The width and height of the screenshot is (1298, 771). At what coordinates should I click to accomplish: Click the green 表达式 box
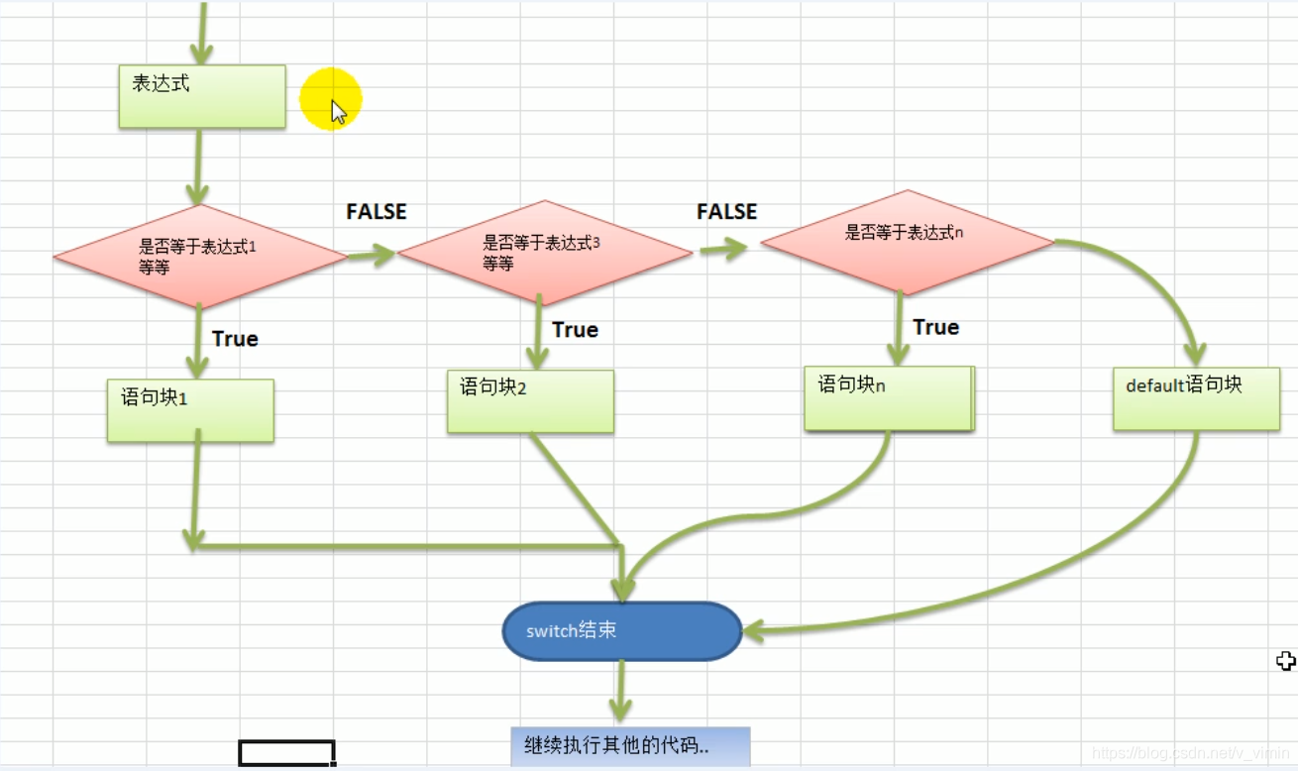point(202,96)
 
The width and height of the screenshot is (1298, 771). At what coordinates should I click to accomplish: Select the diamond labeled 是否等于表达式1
point(200,257)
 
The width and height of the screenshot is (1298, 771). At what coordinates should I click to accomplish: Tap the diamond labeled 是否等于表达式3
point(544,253)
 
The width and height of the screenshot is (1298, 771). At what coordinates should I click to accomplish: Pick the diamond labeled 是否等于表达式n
point(906,242)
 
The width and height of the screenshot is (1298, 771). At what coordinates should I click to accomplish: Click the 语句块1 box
point(190,410)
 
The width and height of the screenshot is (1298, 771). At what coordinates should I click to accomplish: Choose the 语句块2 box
point(530,401)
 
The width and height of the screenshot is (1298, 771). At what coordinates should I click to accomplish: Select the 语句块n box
point(889,398)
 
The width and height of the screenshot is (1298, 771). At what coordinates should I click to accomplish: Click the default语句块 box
point(1196,398)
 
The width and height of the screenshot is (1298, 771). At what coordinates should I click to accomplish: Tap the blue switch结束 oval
point(621,631)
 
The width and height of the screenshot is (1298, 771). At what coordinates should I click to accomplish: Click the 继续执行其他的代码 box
point(630,746)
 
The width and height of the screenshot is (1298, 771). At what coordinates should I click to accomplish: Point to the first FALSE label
point(376,212)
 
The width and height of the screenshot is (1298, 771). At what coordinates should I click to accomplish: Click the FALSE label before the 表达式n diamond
point(726,212)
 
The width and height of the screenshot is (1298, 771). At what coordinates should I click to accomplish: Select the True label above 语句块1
point(235,339)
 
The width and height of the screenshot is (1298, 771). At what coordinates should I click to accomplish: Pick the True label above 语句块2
point(575,330)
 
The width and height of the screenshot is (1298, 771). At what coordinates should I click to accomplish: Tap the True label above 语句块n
point(935,328)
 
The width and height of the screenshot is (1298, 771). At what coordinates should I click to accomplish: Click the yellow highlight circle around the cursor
point(331,99)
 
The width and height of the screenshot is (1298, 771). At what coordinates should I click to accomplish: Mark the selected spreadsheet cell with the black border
point(286,753)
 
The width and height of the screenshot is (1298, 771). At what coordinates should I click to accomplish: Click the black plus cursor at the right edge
point(1286,661)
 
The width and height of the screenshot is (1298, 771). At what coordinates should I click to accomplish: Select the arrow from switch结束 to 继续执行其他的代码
point(621,692)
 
